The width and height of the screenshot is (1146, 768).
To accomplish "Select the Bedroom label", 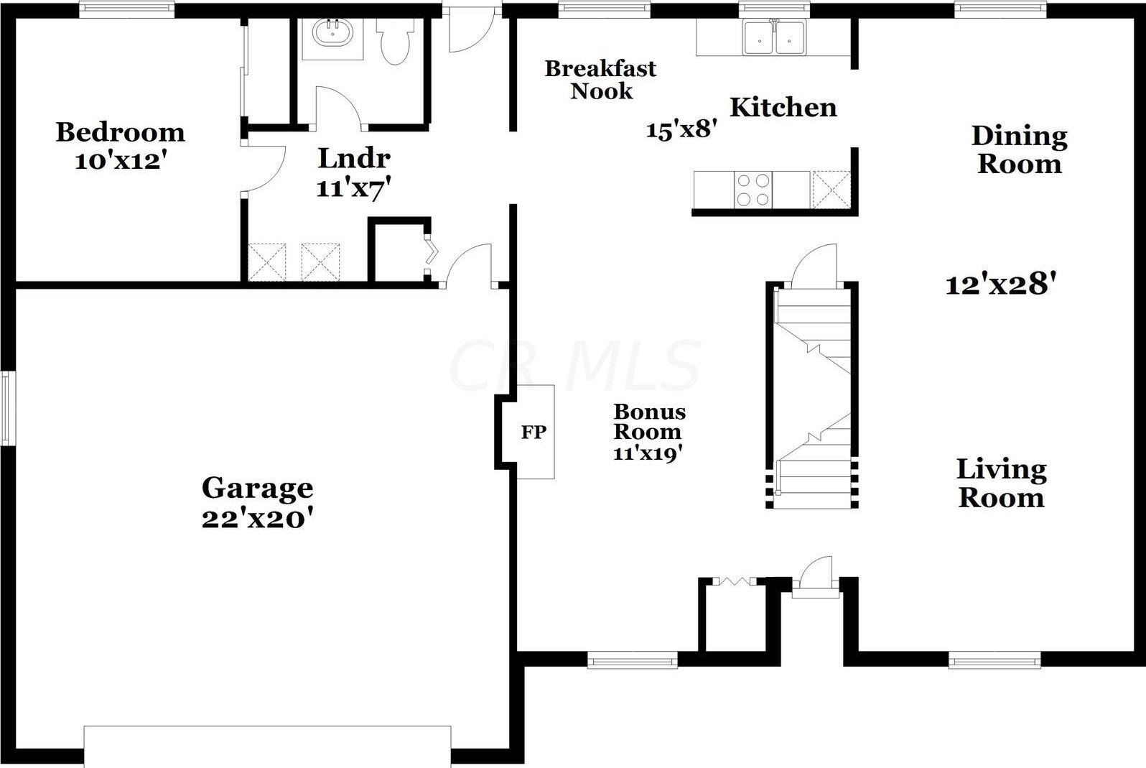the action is [x=120, y=132].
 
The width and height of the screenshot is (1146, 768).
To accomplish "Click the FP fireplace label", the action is [x=534, y=432].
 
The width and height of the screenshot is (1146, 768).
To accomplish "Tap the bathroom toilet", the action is [x=395, y=42].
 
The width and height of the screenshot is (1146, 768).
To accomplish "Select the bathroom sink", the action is [x=332, y=32].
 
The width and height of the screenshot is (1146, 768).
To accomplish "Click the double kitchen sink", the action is [x=775, y=37].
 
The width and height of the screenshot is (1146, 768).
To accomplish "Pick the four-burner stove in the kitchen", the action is [x=754, y=190].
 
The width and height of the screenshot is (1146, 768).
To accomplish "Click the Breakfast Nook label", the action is [x=600, y=80].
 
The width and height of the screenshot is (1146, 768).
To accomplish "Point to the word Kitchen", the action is [x=783, y=108].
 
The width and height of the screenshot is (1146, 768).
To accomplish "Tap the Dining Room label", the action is [x=1019, y=150].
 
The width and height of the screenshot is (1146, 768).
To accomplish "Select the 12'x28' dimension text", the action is [x=1001, y=284].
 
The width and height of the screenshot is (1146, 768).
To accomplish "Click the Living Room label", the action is [x=1001, y=484].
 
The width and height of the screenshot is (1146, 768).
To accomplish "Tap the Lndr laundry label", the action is [x=354, y=158].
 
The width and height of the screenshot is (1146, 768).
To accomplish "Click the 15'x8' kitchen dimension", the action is [x=682, y=129].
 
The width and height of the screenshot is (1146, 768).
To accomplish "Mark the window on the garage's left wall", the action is [x=6, y=408].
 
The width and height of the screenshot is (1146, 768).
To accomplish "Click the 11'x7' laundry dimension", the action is [x=354, y=188].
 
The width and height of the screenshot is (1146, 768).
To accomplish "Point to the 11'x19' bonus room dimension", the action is [x=648, y=453].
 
